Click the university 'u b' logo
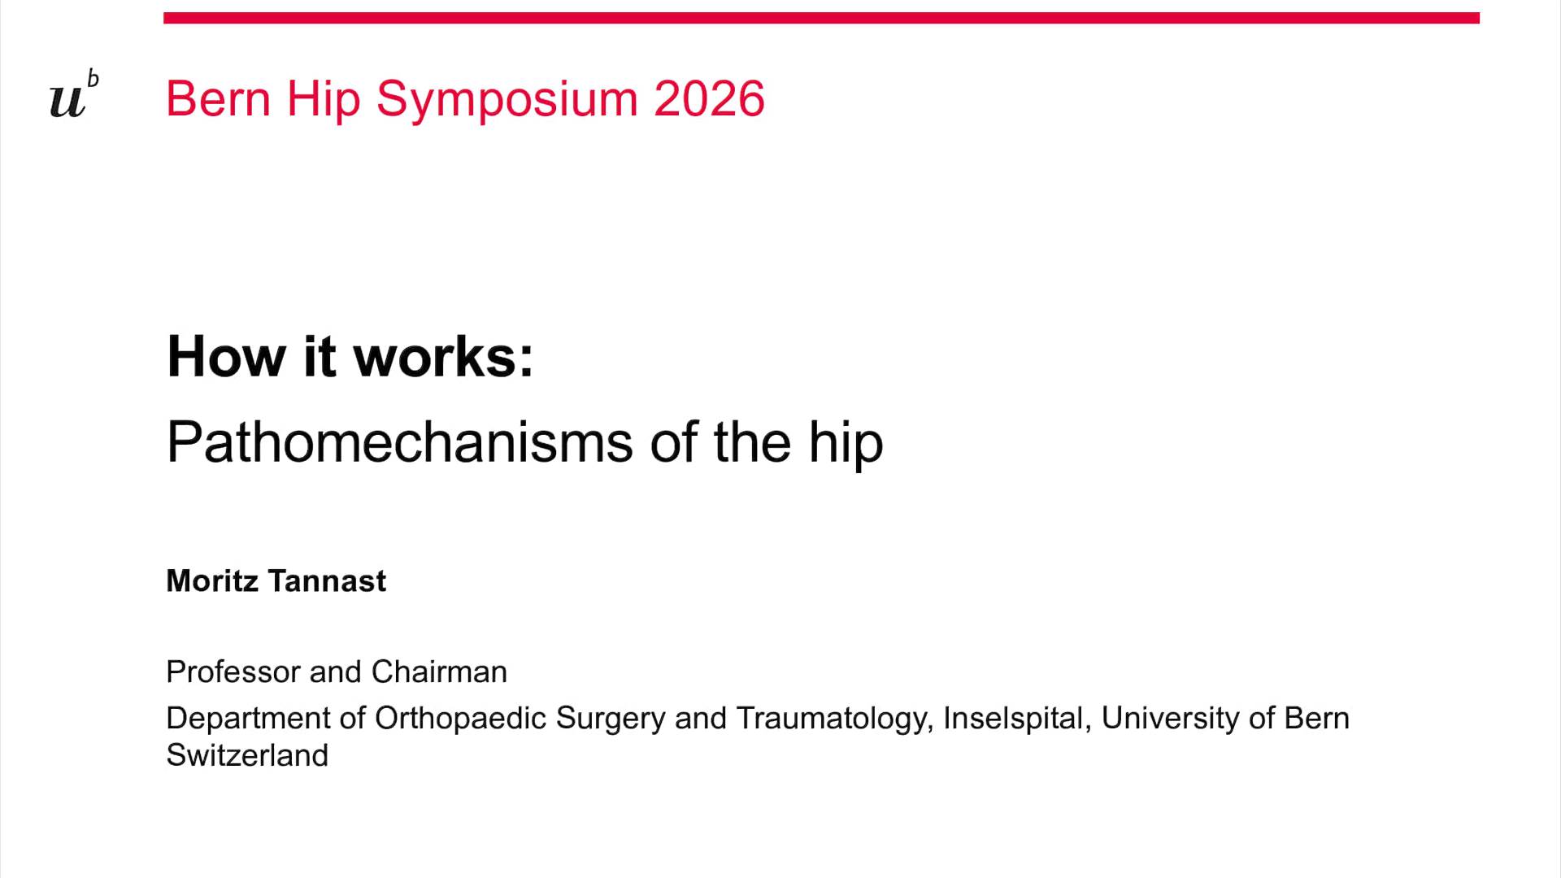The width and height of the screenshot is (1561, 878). [x=73, y=96]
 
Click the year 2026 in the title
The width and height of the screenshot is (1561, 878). [x=709, y=99]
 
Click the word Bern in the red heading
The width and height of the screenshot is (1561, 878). [x=218, y=99]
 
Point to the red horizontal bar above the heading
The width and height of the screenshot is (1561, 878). [x=821, y=18]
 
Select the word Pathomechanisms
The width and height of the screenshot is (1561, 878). [x=399, y=442]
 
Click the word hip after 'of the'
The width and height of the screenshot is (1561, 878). [x=846, y=444]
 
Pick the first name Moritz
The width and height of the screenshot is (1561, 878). [x=212, y=580]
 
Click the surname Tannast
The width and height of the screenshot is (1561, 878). [x=327, y=580]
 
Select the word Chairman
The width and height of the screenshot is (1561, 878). [x=439, y=672]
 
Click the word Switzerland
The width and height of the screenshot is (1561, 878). [x=247, y=755]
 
